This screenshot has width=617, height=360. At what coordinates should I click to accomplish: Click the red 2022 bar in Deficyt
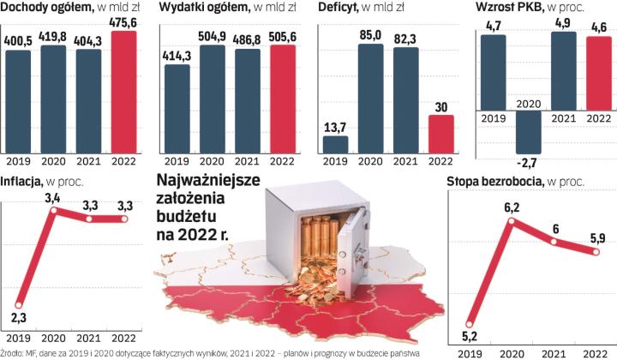click(440, 133)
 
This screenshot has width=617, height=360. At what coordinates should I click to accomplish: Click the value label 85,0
click(371, 36)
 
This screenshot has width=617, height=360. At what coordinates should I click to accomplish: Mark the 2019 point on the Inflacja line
click(18, 304)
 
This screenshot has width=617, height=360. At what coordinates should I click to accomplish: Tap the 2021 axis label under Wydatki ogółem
click(249, 160)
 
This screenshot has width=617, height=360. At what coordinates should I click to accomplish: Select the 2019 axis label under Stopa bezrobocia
click(470, 352)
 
